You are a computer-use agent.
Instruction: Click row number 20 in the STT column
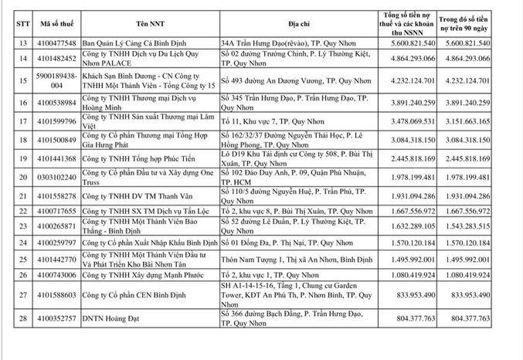pos(24,177)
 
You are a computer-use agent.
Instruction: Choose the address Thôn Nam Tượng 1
pos(278,260)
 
